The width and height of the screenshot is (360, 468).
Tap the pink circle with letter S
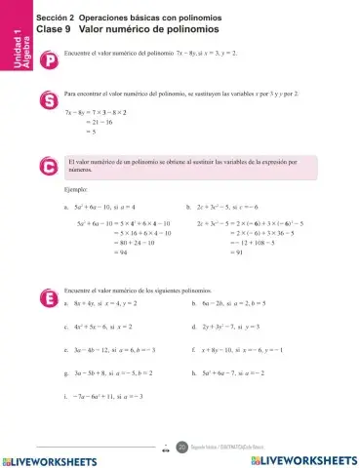49,100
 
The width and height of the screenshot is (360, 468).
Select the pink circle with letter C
49,167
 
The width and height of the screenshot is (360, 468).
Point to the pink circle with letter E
49,296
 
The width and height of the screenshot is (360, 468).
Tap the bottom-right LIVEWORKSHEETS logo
301,458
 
